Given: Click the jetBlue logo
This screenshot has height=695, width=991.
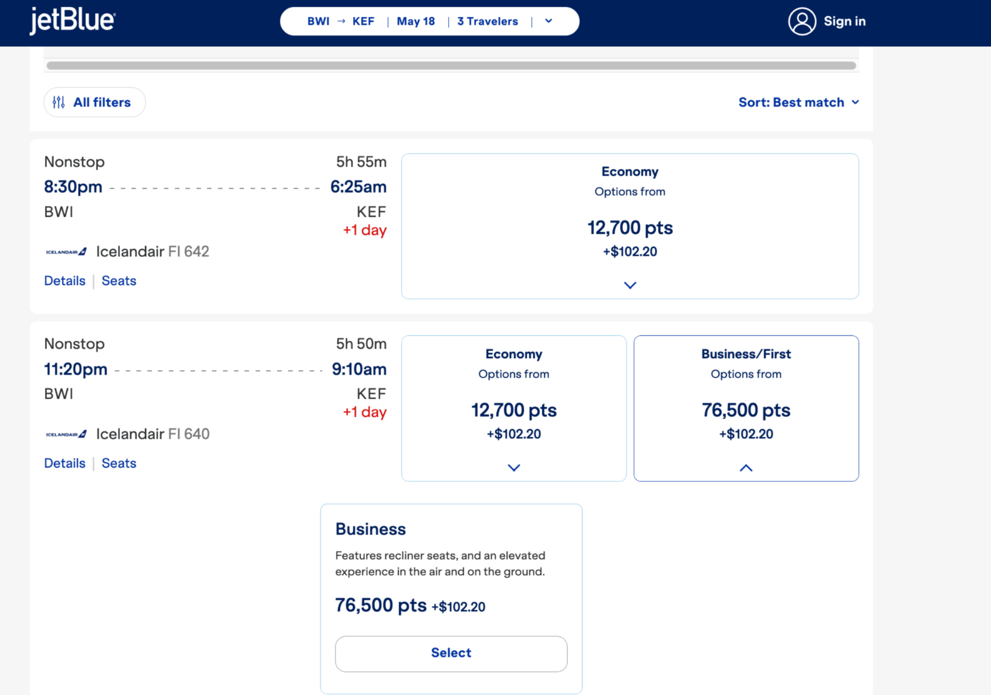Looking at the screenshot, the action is point(72,21).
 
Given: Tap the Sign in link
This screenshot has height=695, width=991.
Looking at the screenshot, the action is point(844,21).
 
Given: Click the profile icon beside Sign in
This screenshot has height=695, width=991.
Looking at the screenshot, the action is point(802,21).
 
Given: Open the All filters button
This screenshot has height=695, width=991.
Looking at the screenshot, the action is point(95,102).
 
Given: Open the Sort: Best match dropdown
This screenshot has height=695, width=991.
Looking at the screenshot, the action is point(799,102).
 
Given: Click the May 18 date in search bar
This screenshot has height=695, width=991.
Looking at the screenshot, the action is point(416,21).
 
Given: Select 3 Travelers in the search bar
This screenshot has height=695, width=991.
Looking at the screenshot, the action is point(487,21).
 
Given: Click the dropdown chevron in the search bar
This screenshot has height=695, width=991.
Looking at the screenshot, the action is point(549,21).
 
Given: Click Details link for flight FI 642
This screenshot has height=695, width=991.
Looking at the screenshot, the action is point(64,281).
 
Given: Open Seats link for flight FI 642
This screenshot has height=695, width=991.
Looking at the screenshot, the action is point(119,281).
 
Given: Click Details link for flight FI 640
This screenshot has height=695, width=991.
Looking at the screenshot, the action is point(64,462).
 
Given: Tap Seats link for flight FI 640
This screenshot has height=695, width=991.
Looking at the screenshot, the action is point(119,462).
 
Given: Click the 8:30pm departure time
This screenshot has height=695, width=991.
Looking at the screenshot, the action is point(73,187).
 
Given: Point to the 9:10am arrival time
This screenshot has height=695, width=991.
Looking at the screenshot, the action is point(359,369).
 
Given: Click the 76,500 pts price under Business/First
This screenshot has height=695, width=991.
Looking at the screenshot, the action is point(746,410).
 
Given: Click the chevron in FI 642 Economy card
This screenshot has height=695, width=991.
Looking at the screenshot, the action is point(630,285).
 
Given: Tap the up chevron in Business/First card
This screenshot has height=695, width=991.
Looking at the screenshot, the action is point(746,467).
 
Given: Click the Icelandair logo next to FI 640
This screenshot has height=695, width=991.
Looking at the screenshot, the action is point(66,434).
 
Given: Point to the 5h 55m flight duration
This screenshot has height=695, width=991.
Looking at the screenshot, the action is point(361,162).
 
